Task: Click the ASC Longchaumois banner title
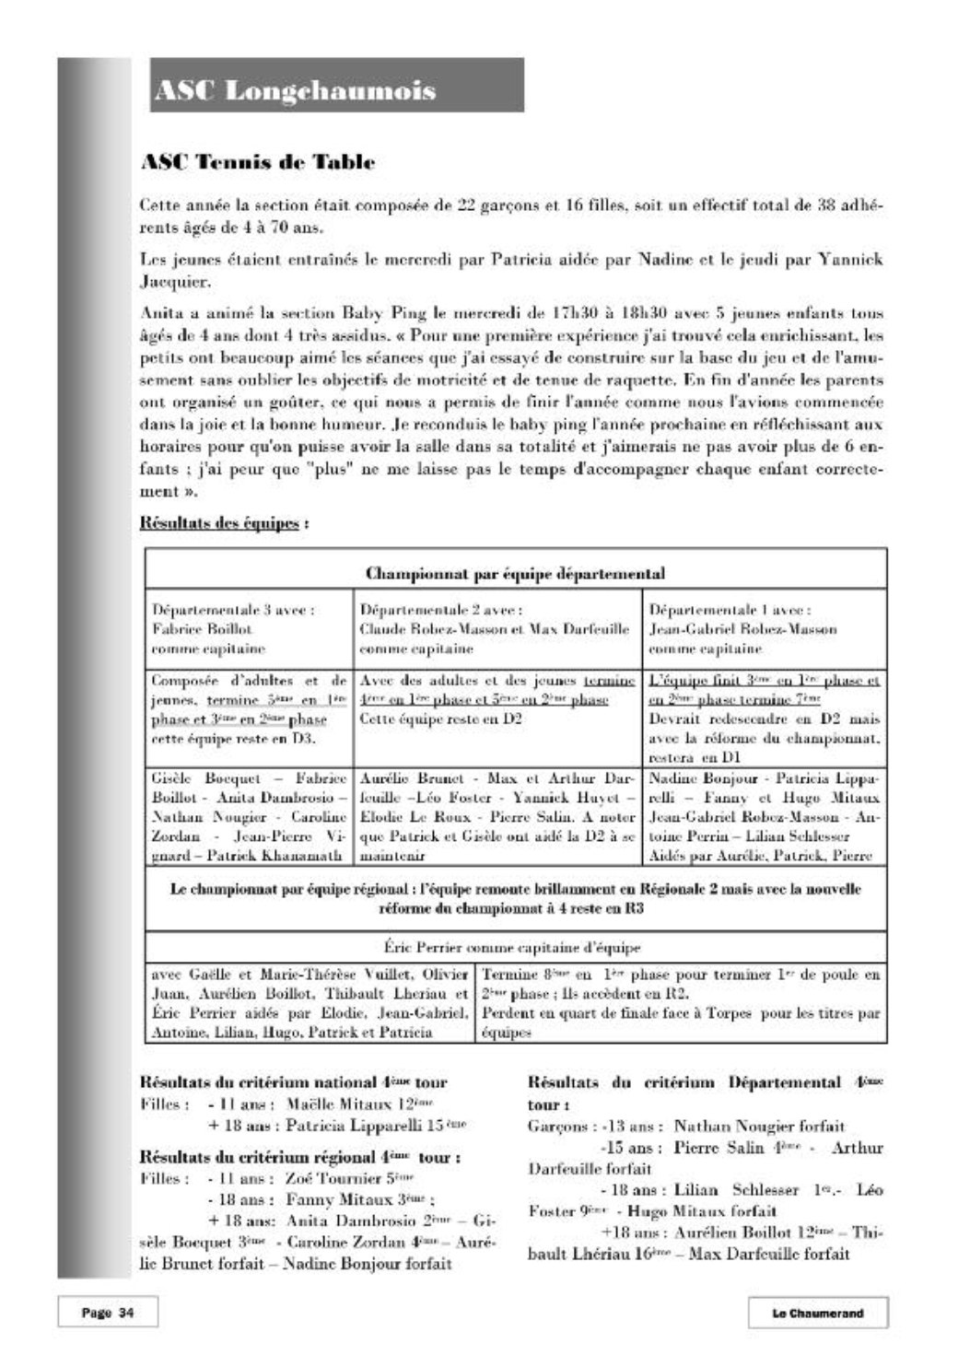(x=295, y=90)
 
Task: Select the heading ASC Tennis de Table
(x=257, y=163)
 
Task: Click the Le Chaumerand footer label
(x=817, y=1313)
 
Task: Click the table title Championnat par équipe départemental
(x=516, y=574)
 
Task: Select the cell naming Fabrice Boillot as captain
(x=249, y=629)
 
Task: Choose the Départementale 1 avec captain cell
(x=763, y=629)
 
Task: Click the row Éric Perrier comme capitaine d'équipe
(x=516, y=947)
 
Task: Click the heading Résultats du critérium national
(x=293, y=1082)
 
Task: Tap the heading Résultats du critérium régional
(x=299, y=1156)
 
